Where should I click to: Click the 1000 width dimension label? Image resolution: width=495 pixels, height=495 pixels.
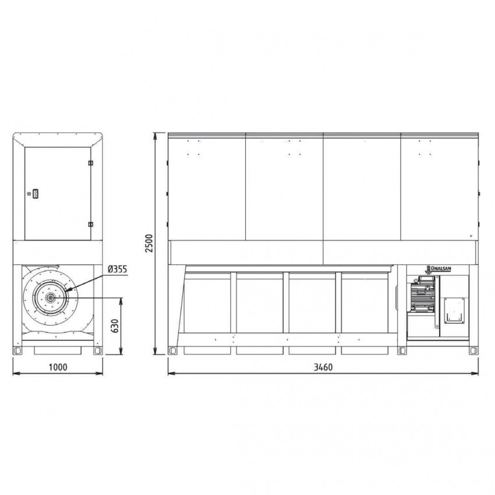[x=58, y=367]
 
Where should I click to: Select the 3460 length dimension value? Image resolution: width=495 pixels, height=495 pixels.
[x=323, y=367]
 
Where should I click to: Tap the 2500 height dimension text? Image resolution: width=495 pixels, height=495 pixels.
[x=149, y=243]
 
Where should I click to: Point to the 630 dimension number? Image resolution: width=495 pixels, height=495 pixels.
[x=115, y=326]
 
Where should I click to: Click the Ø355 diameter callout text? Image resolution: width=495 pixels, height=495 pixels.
[x=118, y=269]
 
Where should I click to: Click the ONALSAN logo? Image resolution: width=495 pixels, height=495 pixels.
[x=439, y=269]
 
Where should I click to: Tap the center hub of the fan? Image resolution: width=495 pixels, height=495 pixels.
[x=50, y=297]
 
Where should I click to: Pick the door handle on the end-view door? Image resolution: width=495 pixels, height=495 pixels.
[x=36, y=193]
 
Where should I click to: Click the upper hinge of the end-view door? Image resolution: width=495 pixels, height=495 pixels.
[x=91, y=163]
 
